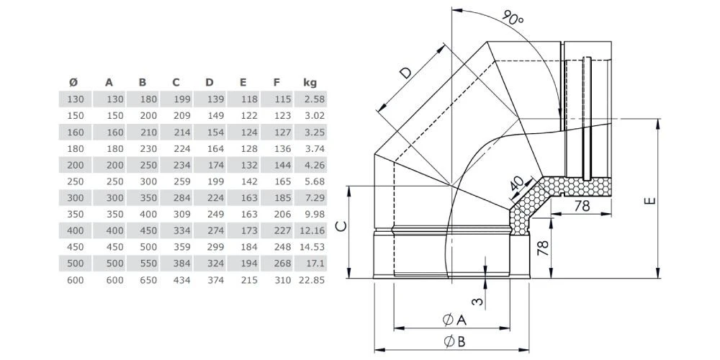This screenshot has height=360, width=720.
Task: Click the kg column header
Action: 310,83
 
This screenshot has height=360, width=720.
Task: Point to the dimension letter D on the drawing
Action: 406,72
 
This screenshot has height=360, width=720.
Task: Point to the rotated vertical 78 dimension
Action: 544,248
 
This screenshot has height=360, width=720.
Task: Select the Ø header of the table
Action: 74,83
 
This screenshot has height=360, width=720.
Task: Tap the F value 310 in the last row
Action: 282,280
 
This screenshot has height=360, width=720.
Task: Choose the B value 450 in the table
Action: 147,230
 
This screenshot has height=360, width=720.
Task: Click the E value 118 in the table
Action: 248,99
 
